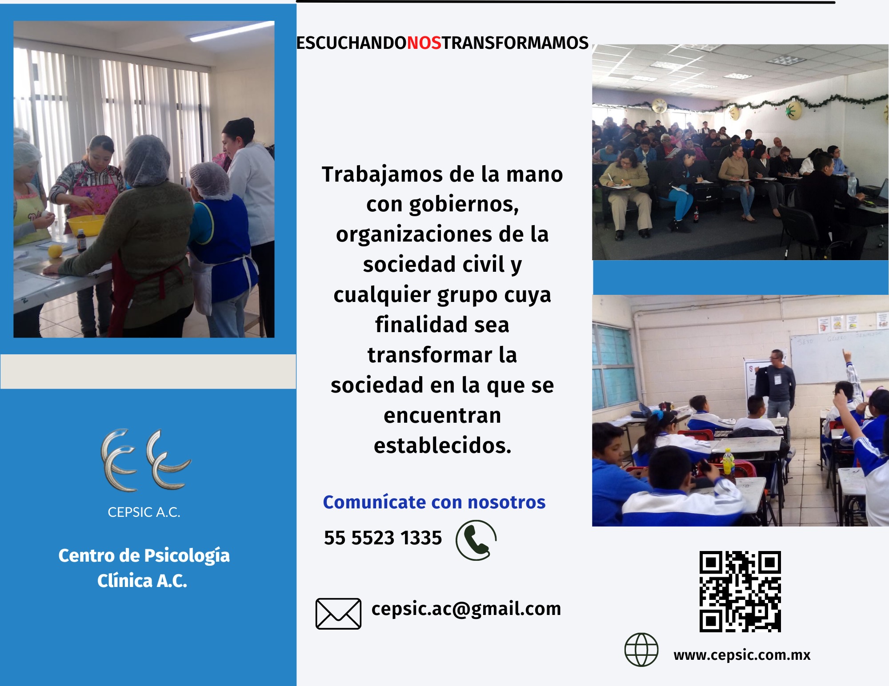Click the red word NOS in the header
(x=424, y=43)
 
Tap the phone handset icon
(x=476, y=540)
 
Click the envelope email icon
(x=338, y=614)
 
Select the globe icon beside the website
(x=641, y=650)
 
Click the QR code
(x=740, y=591)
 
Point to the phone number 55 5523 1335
(x=383, y=538)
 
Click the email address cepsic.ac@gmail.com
(x=466, y=609)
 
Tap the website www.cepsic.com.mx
(x=742, y=655)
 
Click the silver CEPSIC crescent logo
(x=146, y=460)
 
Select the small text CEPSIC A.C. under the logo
(x=144, y=512)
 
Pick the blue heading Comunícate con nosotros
(x=434, y=502)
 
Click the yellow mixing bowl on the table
(x=86, y=225)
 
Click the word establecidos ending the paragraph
(x=443, y=445)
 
